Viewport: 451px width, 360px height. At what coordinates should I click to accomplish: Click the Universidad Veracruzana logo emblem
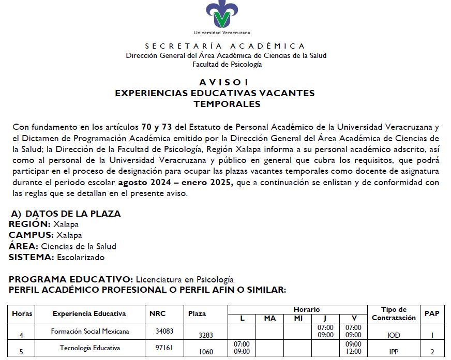point(222,14)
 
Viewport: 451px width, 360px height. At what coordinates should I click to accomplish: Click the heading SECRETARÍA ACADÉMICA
point(225,46)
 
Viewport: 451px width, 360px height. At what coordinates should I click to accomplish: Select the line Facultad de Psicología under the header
point(227,65)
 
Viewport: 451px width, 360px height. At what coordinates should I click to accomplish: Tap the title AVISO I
point(224,83)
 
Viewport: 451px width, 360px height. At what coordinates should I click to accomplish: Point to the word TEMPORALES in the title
point(227,104)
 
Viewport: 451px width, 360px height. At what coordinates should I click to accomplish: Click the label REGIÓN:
point(29,224)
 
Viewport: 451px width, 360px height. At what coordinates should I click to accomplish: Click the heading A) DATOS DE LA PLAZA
point(66,214)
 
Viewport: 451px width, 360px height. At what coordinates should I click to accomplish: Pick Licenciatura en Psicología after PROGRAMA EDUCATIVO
point(185,279)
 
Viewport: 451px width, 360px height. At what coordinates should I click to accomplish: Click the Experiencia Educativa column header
point(89,313)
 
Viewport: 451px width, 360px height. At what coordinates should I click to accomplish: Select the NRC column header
point(158,313)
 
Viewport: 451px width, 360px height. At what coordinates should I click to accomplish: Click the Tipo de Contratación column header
point(394,313)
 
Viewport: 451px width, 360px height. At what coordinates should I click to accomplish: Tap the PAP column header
point(432,313)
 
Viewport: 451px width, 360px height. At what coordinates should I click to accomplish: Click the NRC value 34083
point(164,331)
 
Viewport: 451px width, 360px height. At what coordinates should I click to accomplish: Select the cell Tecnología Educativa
point(90,348)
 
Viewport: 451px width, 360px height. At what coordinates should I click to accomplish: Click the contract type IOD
point(394,335)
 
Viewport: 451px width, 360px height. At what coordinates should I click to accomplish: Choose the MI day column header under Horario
point(298,318)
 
